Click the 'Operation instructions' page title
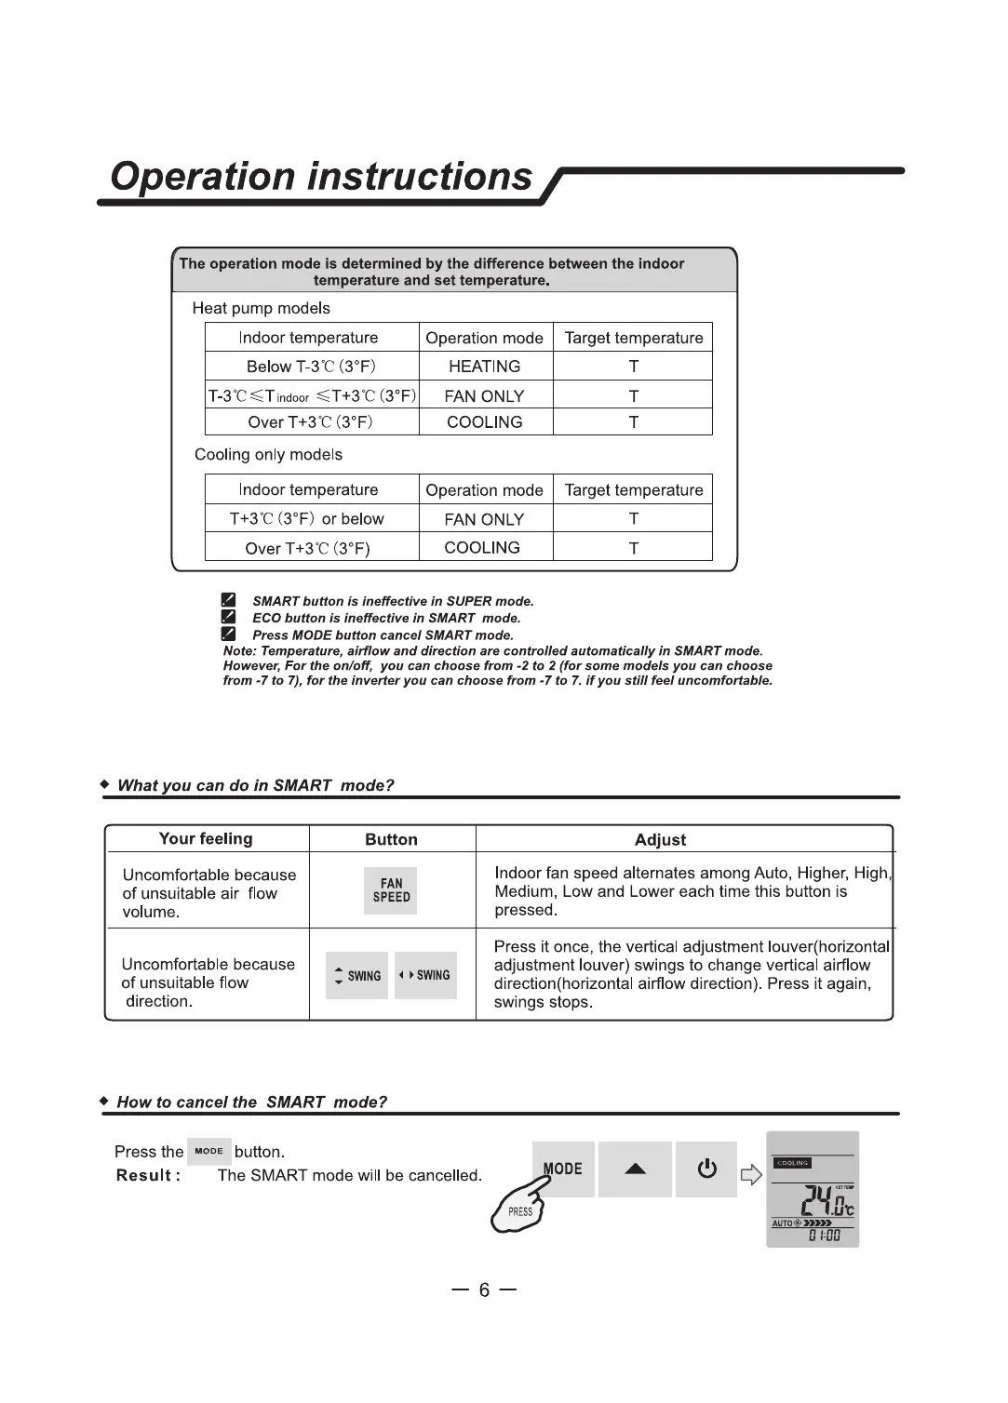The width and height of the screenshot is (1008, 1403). [x=321, y=177]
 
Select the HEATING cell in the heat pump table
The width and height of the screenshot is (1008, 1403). [x=484, y=367]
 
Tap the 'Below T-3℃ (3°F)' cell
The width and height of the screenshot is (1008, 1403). [x=311, y=367]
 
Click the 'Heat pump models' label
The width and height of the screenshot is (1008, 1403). [x=261, y=308]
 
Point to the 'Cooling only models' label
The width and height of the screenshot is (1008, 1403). [x=268, y=455]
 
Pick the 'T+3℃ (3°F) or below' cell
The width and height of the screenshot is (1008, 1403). [x=306, y=519]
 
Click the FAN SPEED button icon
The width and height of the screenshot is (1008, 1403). [x=391, y=890]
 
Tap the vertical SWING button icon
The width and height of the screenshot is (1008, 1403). [x=356, y=976]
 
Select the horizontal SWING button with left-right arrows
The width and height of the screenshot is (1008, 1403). [x=425, y=976]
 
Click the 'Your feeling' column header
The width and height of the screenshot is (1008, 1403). [x=206, y=839]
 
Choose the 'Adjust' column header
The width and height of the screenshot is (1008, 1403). [x=660, y=840]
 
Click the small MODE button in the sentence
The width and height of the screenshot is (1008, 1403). [x=208, y=1152]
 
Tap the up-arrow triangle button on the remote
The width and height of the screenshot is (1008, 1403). [x=635, y=1169]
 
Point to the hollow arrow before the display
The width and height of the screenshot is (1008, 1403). [x=750, y=1175]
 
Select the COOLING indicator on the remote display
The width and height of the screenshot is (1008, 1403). [x=792, y=1163]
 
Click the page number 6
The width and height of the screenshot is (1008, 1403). [x=484, y=1290]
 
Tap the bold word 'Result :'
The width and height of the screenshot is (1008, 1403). [x=148, y=1176]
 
